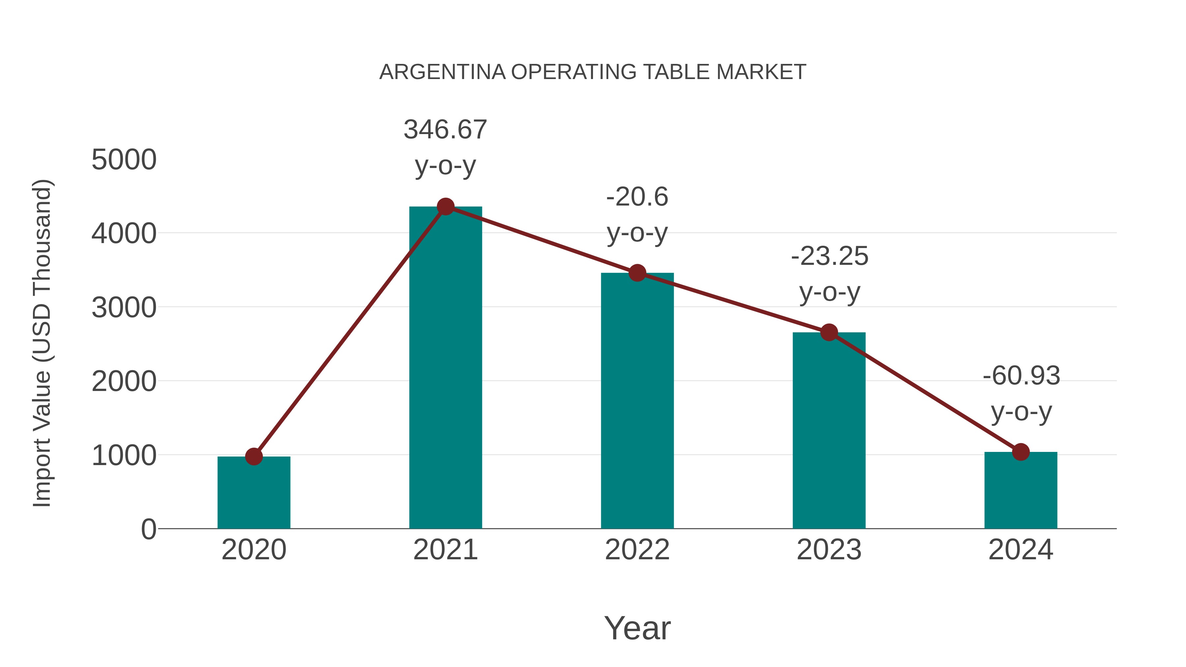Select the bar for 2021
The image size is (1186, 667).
pyautogui.click(x=445, y=368)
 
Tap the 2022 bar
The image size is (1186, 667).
pyautogui.click(x=637, y=401)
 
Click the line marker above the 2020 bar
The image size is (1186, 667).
pyautogui.click(x=254, y=457)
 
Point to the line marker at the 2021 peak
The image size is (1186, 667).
pyautogui.click(x=445, y=207)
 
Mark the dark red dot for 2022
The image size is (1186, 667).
pyautogui.click(x=637, y=273)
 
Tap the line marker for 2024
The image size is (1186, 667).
pyautogui.click(x=1021, y=452)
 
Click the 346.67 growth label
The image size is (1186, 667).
pyautogui.click(x=445, y=130)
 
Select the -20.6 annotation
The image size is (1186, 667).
pyautogui.click(x=637, y=198)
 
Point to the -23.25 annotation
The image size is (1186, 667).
pyautogui.click(x=829, y=256)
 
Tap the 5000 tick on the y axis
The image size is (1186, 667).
pyautogui.click(x=124, y=160)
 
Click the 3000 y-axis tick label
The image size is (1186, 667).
pyautogui.click(x=124, y=308)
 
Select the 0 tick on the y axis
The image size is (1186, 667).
pyautogui.click(x=148, y=529)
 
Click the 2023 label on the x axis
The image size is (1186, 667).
pyautogui.click(x=829, y=550)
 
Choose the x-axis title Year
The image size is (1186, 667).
pyautogui.click(x=637, y=628)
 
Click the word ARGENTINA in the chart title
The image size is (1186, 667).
pyautogui.click(x=442, y=72)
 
